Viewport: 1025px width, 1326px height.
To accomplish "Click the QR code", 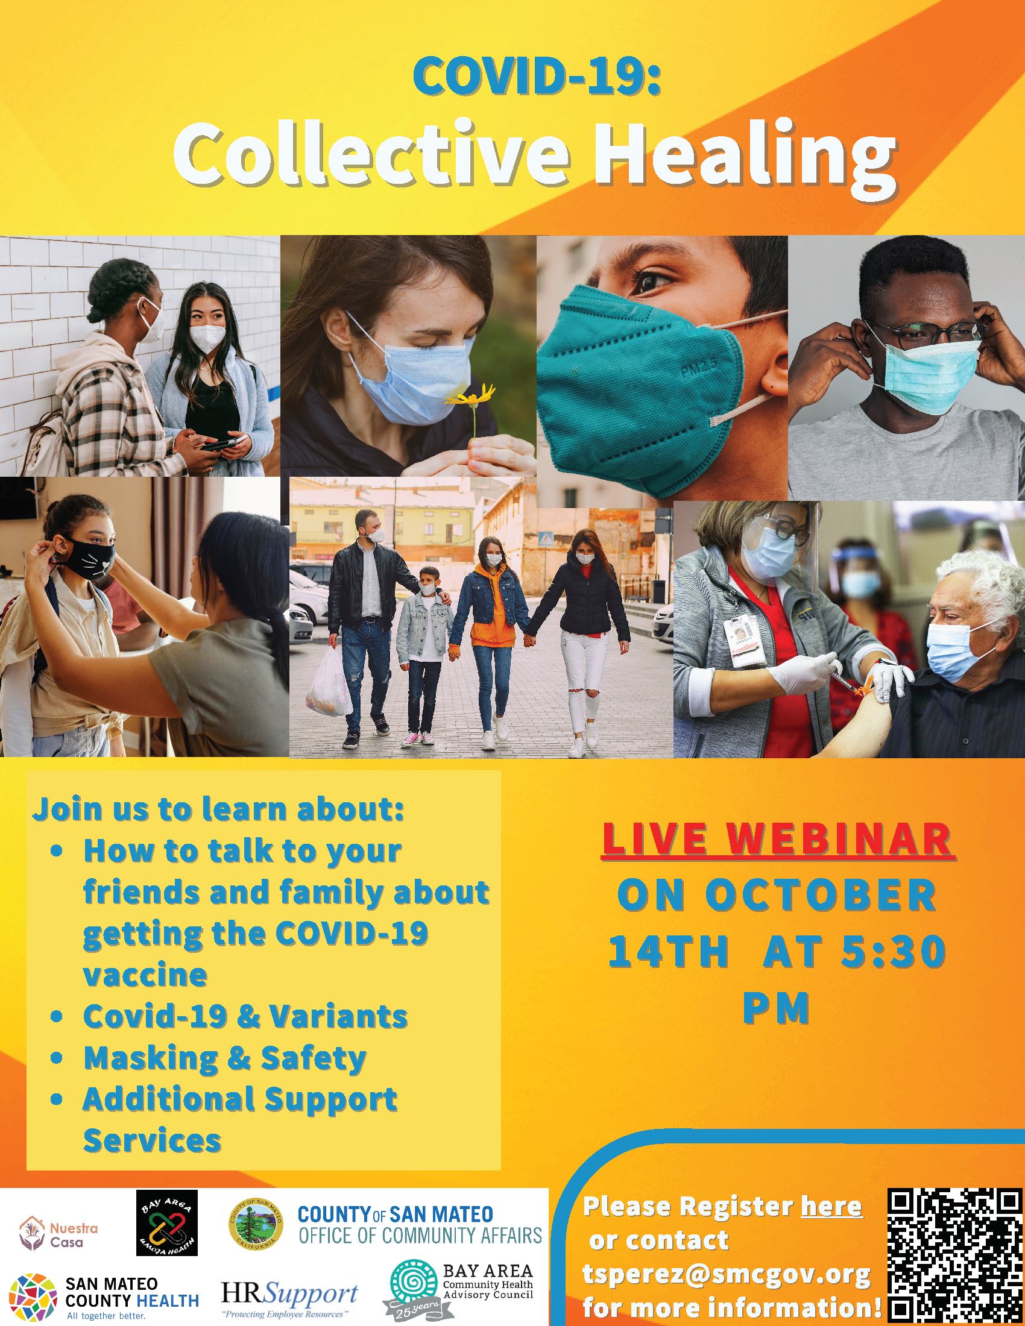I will [954, 1257].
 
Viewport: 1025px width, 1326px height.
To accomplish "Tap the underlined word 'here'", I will [831, 1207].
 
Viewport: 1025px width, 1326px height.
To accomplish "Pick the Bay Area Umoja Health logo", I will [167, 1223].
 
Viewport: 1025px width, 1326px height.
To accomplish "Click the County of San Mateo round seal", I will [256, 1224].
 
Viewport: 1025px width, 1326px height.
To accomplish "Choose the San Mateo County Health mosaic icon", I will [33, 1298].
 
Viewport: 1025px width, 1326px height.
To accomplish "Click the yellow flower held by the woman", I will [471, 397].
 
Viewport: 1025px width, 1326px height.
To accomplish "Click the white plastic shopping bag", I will [329, 682].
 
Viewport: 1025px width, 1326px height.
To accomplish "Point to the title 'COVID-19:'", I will [537, 77].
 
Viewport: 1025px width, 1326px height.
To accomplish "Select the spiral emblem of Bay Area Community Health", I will [414, 1281].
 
